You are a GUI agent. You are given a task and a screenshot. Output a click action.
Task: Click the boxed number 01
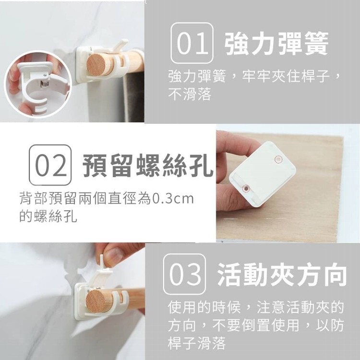(x=192, y=43)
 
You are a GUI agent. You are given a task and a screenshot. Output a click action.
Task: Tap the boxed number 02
(x=50, y=165)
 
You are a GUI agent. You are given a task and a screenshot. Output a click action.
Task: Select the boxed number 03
(x=184, y=274)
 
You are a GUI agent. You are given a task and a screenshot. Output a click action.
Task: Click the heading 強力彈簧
(x=276, y=43)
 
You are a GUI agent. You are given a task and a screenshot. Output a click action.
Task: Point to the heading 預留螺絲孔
(x=148, y=166)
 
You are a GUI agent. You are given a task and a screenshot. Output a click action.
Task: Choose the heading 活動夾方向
(x=282, y=275)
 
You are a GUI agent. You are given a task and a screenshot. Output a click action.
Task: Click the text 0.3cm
(x=173, y=199)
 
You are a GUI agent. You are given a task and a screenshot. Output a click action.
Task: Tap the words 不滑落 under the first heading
(x=190, y=94)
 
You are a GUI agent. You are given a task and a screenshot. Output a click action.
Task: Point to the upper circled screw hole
(x=278, y=159)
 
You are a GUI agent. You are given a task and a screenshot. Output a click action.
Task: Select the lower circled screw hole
(x=246, y=188)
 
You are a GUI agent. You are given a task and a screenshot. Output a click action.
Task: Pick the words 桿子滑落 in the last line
(x=197, y=343)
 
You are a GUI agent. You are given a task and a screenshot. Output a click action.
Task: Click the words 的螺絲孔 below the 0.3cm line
(x=48, y=216)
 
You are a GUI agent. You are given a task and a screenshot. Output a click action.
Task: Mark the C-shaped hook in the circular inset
(x=33, y=90)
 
